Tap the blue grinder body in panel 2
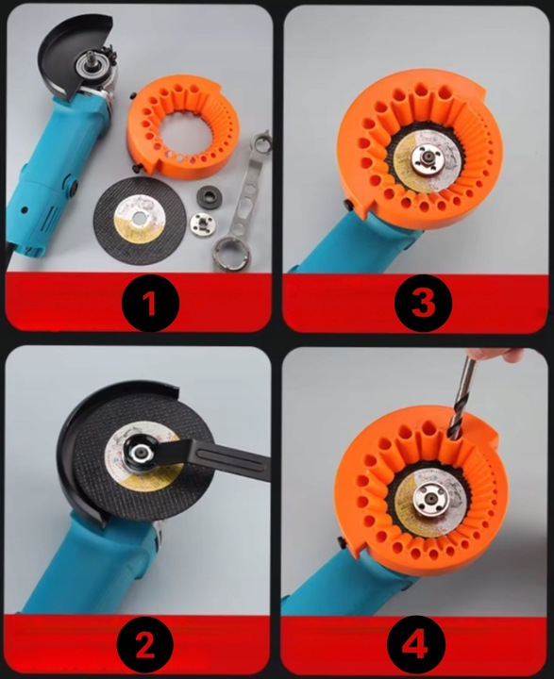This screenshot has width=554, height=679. (85, 575)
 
